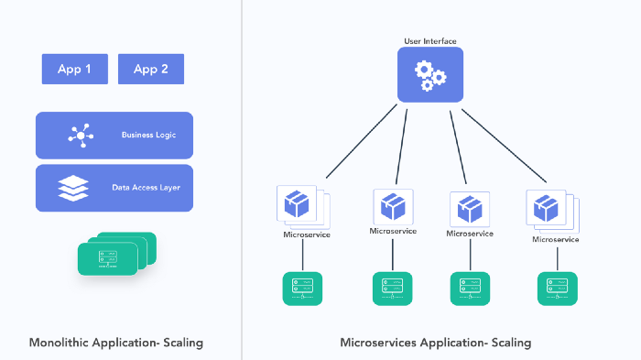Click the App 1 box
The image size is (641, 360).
[74, 70]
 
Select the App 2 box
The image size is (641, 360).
[151, 70]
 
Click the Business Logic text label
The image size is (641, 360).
[148, 136]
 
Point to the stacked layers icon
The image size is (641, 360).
[73, 188]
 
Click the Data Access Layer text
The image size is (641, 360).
[147, 188]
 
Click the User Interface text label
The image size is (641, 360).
[430, 41]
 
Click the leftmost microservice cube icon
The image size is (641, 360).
[300, 204]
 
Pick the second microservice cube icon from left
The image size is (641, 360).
[393, 206]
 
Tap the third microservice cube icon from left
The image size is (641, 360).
[470, 208]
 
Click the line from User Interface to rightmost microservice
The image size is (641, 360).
[504, 147]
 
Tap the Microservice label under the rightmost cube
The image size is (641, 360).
[556, 239]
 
